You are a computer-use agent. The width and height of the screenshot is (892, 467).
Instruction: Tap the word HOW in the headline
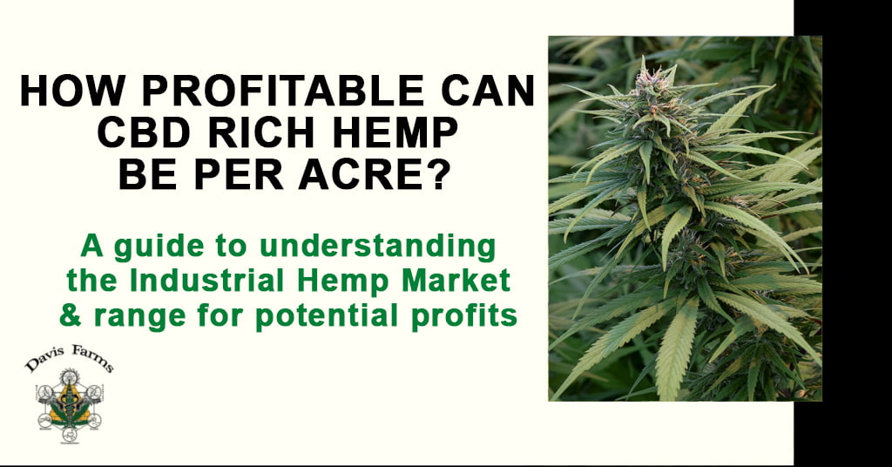click(x=71, y=91)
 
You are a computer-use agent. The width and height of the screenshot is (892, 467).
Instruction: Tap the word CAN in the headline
click(x=488, y=91)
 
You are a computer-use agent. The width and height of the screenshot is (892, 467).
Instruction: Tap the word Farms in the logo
click(x=92, y=358)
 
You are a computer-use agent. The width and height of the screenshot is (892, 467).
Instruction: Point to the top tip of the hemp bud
click(x=643, y=57)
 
